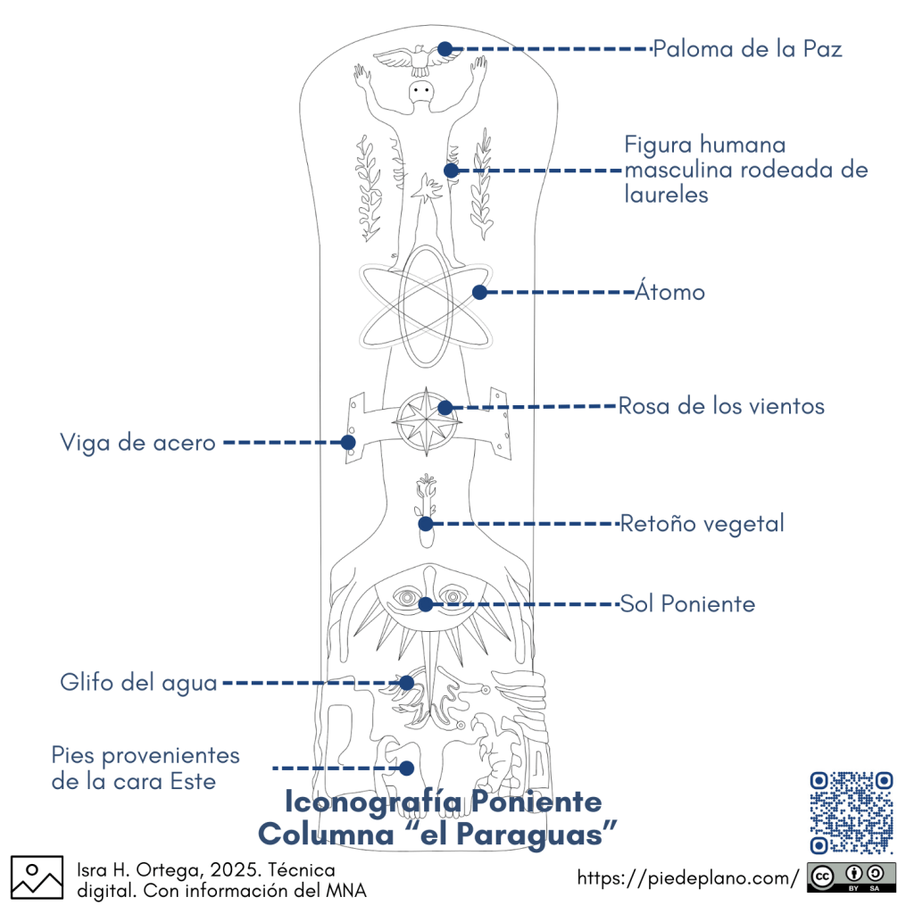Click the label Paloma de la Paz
[x=747, y=48]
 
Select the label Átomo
[x=670, y=292]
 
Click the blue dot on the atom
[x=479, y=292]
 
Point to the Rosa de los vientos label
[x=721, y=406]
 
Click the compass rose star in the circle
[x=425, y=419]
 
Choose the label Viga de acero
[x=137, y=442]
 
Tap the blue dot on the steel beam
[x=348, y=442]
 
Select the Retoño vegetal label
[x=702, y=523]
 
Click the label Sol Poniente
[x=688, y=604]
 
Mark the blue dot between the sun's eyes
[x=426, y=604]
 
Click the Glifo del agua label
[x=138, y=684]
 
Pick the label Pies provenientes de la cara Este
[x=145, y=769]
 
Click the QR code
[x=851, y=812]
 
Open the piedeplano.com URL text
[x=688, y=878]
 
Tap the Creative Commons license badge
[x=851, y=878]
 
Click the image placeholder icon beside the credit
[x=37, y=877]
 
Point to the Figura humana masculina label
[x=745, y=169]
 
